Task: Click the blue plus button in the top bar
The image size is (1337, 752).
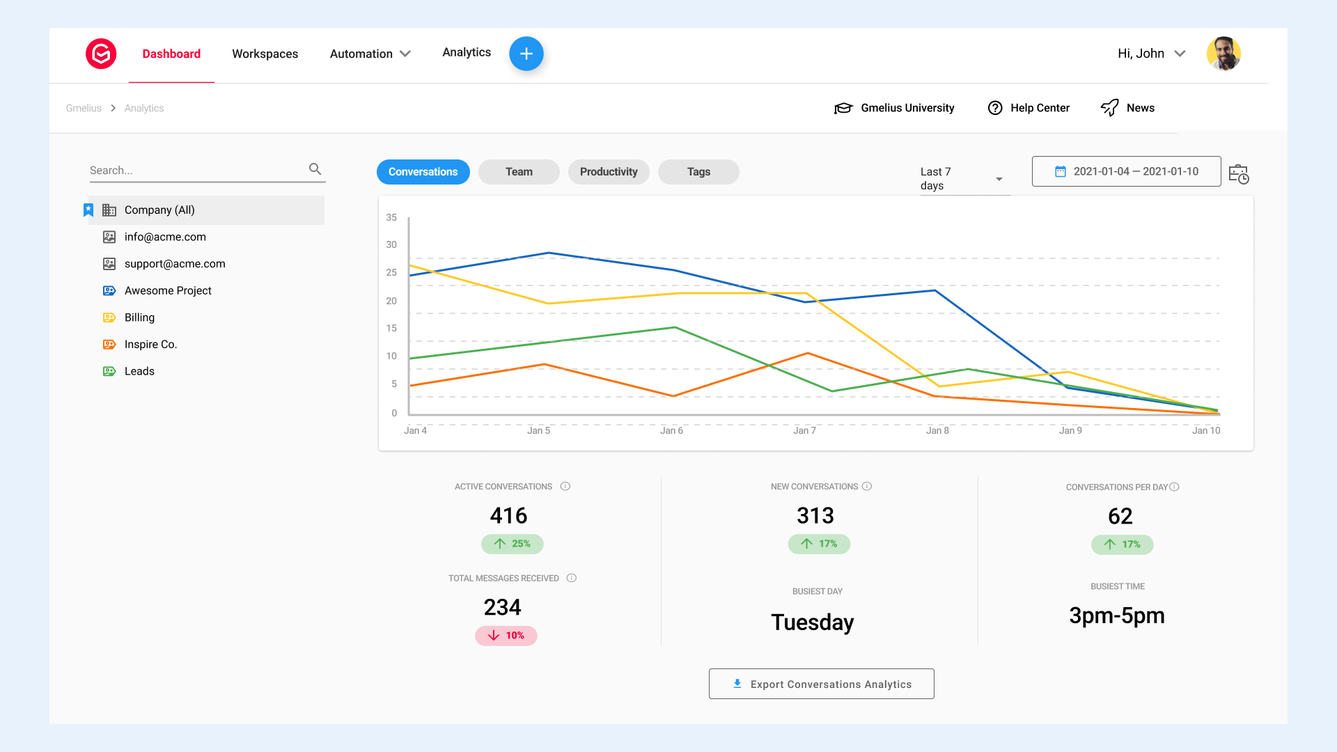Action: [526, 54]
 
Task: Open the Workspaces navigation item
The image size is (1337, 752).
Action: [265, 54]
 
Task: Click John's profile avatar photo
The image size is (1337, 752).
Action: [1223, 54]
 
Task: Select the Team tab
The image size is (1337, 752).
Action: [519, 172]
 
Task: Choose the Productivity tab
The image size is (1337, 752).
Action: [609, 172]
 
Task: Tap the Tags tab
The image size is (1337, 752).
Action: [698, 172]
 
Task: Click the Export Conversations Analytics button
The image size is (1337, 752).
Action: [821, 684]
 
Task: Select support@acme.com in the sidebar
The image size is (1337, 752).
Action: [175, 264]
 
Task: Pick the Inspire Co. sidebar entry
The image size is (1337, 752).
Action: [150, 345]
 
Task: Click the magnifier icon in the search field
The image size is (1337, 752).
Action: [315, 169]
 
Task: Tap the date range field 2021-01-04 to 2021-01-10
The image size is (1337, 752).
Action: [1126, 171]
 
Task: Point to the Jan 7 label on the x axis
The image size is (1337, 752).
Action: [804, 431]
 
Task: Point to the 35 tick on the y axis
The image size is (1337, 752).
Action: [391, 218]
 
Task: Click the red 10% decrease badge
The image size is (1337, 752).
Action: [506, 636]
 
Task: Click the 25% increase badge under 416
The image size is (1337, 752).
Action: [513, 544]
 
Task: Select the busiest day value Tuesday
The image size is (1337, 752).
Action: [812, 622]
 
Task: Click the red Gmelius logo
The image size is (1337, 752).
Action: [101, 54]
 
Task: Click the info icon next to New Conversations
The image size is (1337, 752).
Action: [867, 487]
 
